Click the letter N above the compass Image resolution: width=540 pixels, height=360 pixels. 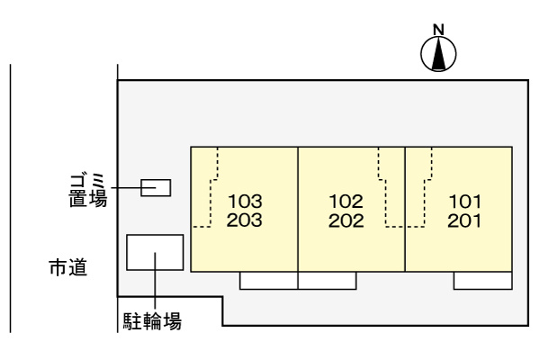(x=438, y=30)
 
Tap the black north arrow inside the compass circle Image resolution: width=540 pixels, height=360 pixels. (x=438, y=54)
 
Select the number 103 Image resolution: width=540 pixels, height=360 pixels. (x=245, y=202)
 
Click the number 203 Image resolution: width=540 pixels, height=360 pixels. (x=245, y=220)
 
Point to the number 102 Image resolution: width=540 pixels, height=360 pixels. (x=346, y=202)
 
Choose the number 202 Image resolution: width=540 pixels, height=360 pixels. (x=346, y=220)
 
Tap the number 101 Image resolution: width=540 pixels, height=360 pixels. (x=465, y=202)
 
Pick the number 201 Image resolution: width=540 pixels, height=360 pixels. (x=464, y=220)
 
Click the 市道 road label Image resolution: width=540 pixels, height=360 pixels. (x=68, y=267)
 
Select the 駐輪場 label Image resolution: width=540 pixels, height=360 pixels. (x=152, y=320)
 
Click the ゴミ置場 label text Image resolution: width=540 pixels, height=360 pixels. (x=88, y=191)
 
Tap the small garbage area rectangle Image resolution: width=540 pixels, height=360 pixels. (x=156, y=188)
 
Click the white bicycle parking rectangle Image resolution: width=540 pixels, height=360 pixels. (x=155, y=252)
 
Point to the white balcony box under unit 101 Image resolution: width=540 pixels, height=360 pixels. (x=482, y=281)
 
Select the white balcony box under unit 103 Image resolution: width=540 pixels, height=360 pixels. (x=268, y=281)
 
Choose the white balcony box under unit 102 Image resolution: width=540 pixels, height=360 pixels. (x=328, y=281)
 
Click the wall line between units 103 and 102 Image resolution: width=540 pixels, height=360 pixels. (x=298, y=209)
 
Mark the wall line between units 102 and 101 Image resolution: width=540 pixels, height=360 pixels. (x=405, y=209)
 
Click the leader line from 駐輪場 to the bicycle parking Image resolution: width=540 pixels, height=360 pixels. (x=155, y=281)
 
